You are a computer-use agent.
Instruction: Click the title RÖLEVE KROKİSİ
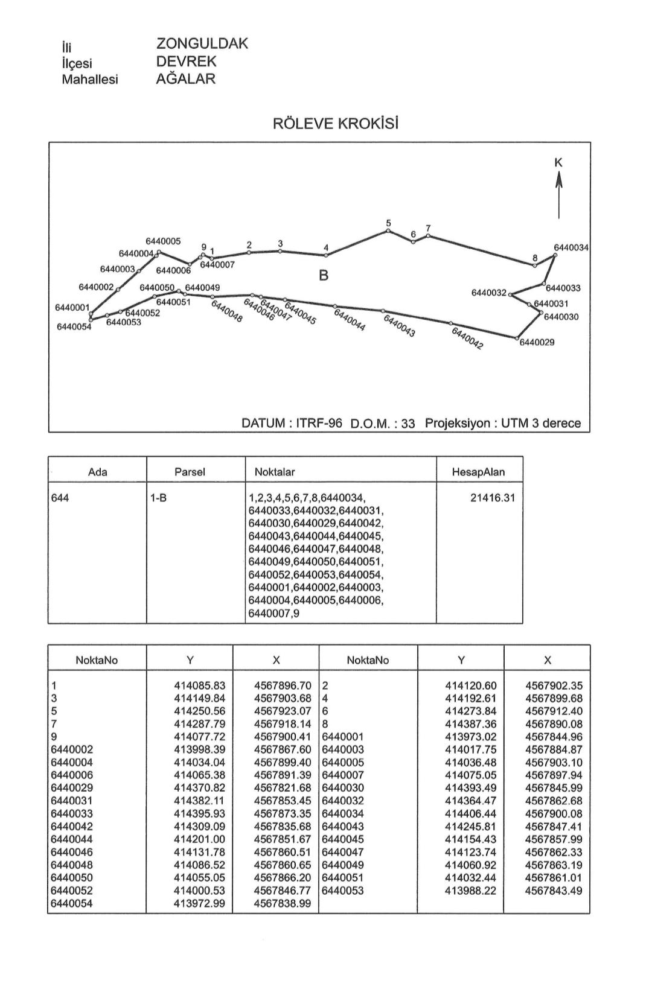(x=336, y=124)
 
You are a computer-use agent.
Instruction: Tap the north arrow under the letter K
(x=559, y=193)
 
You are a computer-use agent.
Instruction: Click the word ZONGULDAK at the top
(x=202, y=43)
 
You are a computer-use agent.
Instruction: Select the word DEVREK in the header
(x=186, y=62)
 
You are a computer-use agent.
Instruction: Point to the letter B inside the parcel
(x=324, y=276)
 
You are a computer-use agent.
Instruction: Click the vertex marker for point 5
(x=388, y=230)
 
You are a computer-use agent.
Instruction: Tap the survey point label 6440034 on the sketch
(x=571, y=247)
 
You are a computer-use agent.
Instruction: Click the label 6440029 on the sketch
(x=537, y=342)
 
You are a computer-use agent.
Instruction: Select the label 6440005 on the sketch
(x=163, y=241)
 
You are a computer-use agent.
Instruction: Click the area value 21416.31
(x=492, y=498)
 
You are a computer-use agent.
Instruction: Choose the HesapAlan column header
(x=479, y=472)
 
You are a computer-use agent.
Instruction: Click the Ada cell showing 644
(x=60, y=498)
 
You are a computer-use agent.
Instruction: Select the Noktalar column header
(x=275, y=472)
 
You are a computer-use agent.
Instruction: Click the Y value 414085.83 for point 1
(x=199, y=685)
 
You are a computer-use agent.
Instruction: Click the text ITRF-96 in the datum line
(x=319, y=423)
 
